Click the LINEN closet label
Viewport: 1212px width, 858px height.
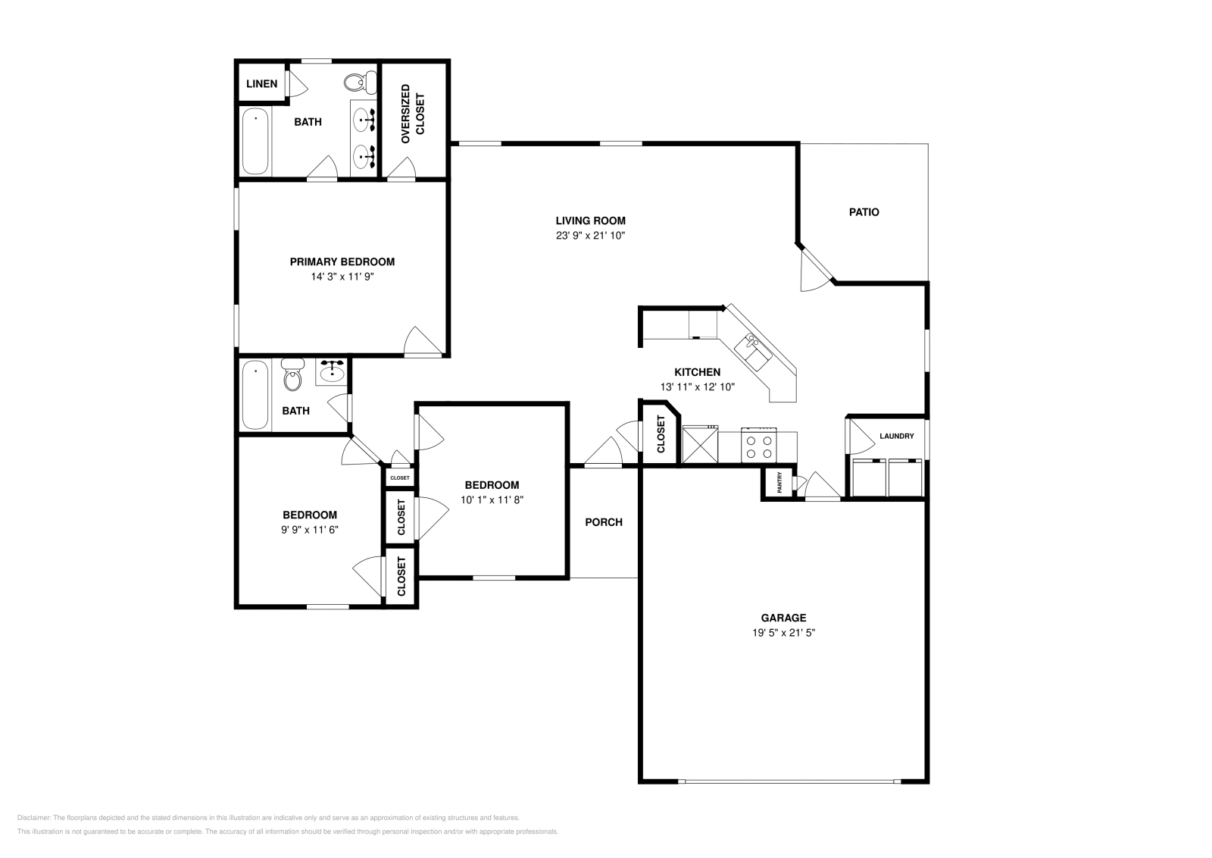(261, 84)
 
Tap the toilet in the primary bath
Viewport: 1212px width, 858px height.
(357, 81)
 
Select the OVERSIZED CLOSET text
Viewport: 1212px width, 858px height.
(414, 114)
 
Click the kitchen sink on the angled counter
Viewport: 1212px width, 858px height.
(754, 349)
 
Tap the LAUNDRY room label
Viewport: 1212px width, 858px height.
(896, 436)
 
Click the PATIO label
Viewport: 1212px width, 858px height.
(864, 212)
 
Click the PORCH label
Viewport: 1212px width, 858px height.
(604, 522)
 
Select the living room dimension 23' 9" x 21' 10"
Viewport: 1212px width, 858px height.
(590, 236)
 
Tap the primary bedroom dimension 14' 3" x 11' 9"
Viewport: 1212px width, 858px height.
(342, 277)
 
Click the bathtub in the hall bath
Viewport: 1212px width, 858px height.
(255, 396)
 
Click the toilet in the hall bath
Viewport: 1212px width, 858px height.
(291, 377)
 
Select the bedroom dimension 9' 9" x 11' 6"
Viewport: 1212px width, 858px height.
(310, 530)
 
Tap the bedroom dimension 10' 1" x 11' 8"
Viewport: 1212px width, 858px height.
(492, 499)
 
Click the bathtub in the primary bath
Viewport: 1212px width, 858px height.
(255, 142)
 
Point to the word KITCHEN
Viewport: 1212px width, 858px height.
(697, 372)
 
